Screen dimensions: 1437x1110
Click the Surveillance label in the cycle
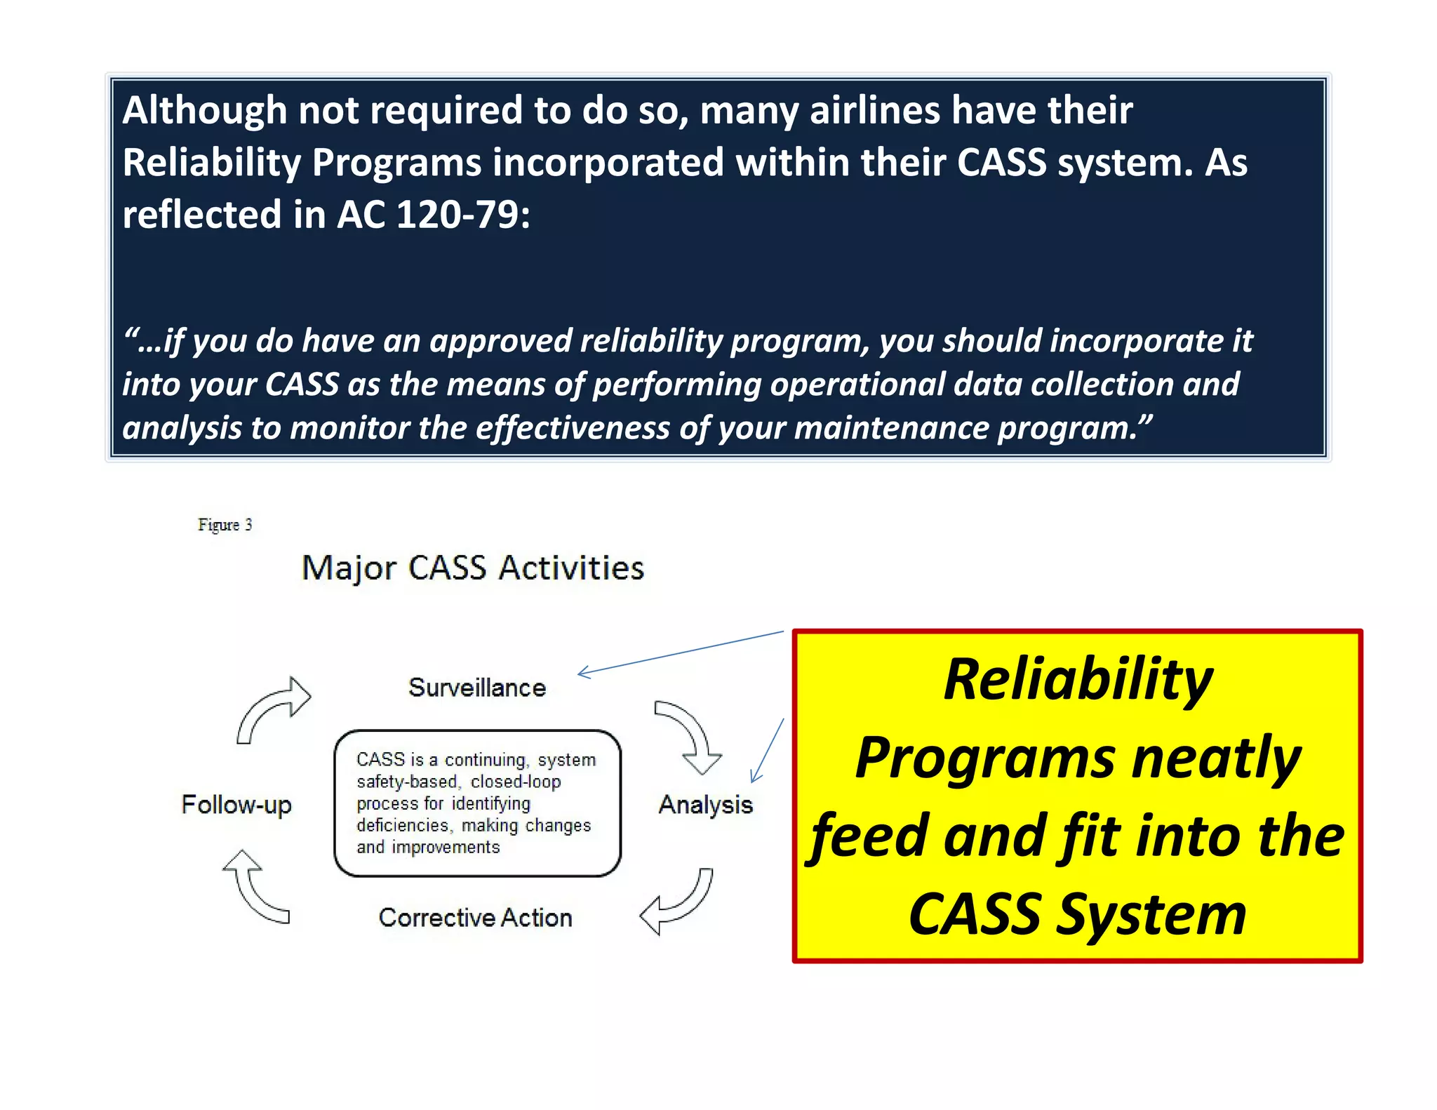[477, 688]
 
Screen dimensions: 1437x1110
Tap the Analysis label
[705, 805]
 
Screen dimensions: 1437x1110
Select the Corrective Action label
[475, 918]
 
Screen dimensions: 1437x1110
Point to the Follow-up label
[236, 805]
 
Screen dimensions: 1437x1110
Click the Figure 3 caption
[225, 525]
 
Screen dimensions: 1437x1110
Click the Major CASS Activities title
[473, 568]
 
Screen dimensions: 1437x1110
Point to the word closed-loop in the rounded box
[516, 782]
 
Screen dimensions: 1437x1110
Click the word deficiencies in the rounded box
[402, 826]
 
